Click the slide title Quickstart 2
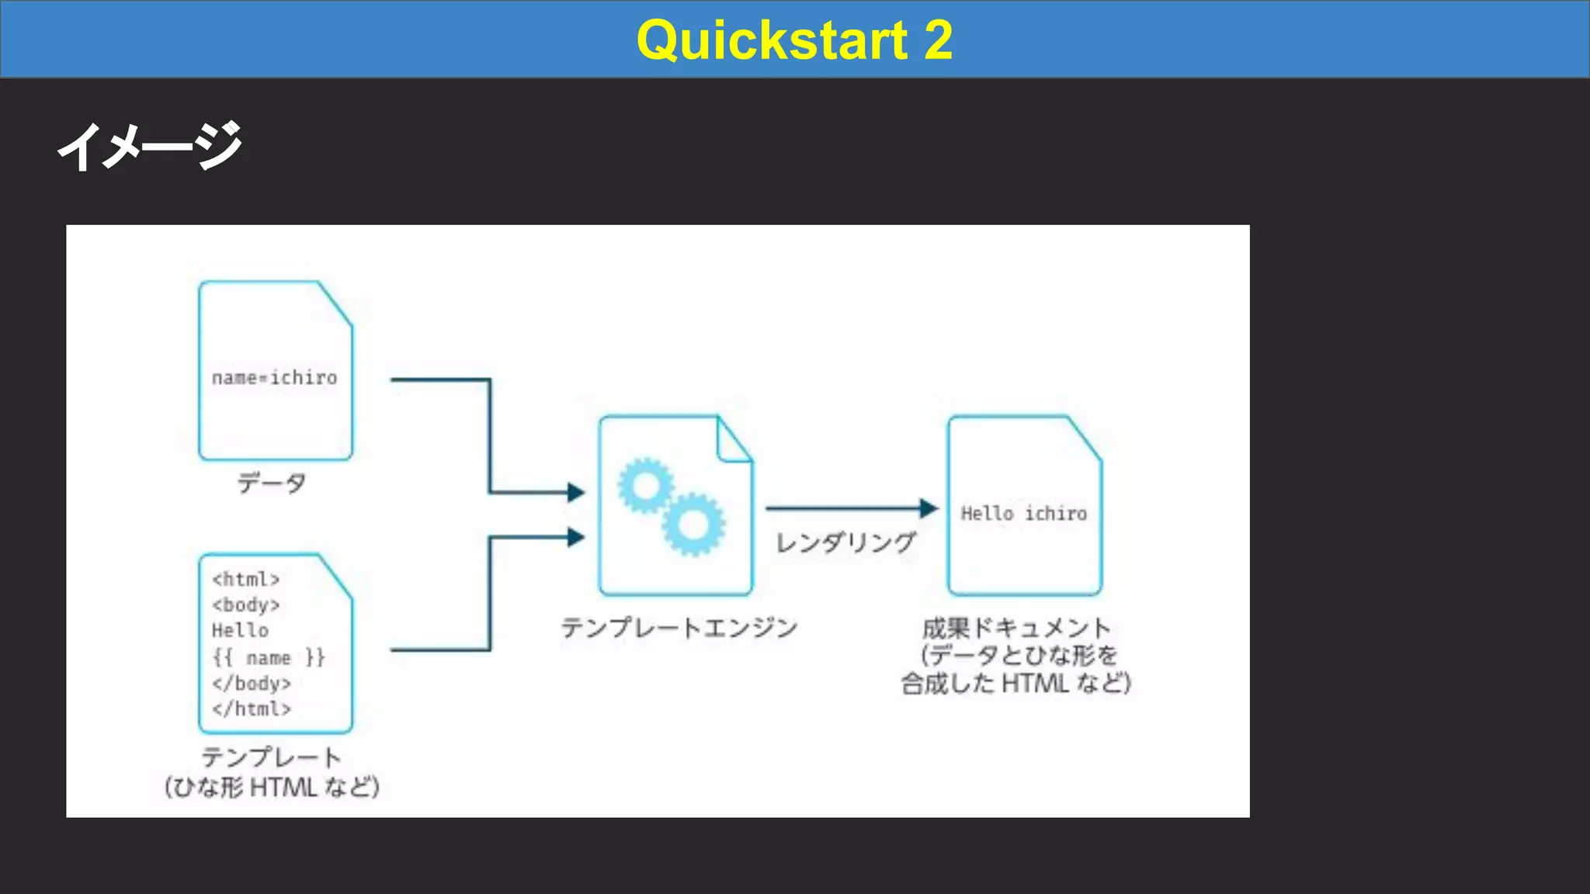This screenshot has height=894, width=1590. point(794,40)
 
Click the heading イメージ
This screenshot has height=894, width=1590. point(150,146)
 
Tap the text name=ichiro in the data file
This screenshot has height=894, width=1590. point(275,378)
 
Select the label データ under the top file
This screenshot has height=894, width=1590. point(272,483)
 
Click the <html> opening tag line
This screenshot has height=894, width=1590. point(245,579)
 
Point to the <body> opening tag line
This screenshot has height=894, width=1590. point(245,605)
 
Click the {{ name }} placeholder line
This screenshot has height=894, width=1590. point(269,657)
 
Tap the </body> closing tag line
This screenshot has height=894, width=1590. point(251,684)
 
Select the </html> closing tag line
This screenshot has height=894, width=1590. point(251,709)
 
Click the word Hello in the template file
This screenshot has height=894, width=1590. point(240,630)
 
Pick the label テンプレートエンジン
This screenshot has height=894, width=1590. point(679,627)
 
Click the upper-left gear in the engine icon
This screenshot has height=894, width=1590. point(644,486)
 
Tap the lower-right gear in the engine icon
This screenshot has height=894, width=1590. point(693,525)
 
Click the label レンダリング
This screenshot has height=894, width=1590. point(846,542)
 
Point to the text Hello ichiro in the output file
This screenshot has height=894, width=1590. point(1024,513)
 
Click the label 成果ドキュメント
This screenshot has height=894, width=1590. point(1016,627)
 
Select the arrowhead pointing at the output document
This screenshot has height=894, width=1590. point(929,508)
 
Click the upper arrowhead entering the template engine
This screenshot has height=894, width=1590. point(576,492)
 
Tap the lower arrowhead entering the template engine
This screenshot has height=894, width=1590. point(576,537)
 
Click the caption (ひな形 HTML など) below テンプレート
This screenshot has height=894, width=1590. point(272,787)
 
